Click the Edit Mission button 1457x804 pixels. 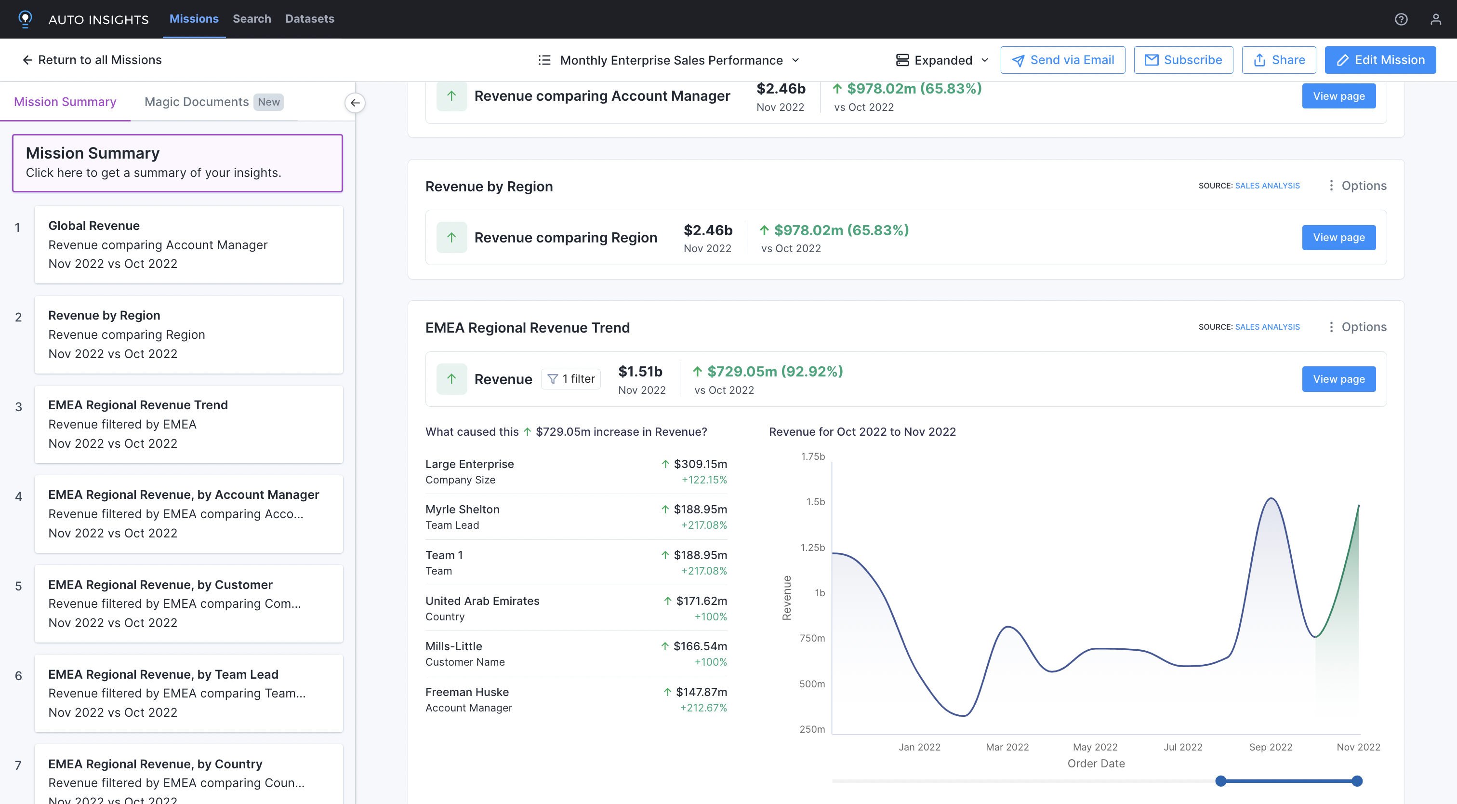point(1379,60)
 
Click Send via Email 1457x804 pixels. point(1062,60)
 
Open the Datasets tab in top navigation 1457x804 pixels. point(309,19)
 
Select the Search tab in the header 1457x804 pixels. point(252,19)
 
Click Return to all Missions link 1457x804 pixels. point(92,60)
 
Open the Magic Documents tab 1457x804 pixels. point(196,102)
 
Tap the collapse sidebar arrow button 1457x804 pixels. point(355,103)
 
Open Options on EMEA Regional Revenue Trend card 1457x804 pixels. point(1357,327)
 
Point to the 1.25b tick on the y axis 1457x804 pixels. point(812,547)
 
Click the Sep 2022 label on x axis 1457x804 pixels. point(1271,747)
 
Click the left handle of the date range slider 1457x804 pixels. point(1220,781)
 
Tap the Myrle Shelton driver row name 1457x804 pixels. point(462,509)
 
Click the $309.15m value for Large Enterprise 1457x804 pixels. point(700,464)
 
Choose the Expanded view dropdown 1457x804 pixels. point(942,60)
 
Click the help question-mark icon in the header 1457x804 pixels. point(1401,19)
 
